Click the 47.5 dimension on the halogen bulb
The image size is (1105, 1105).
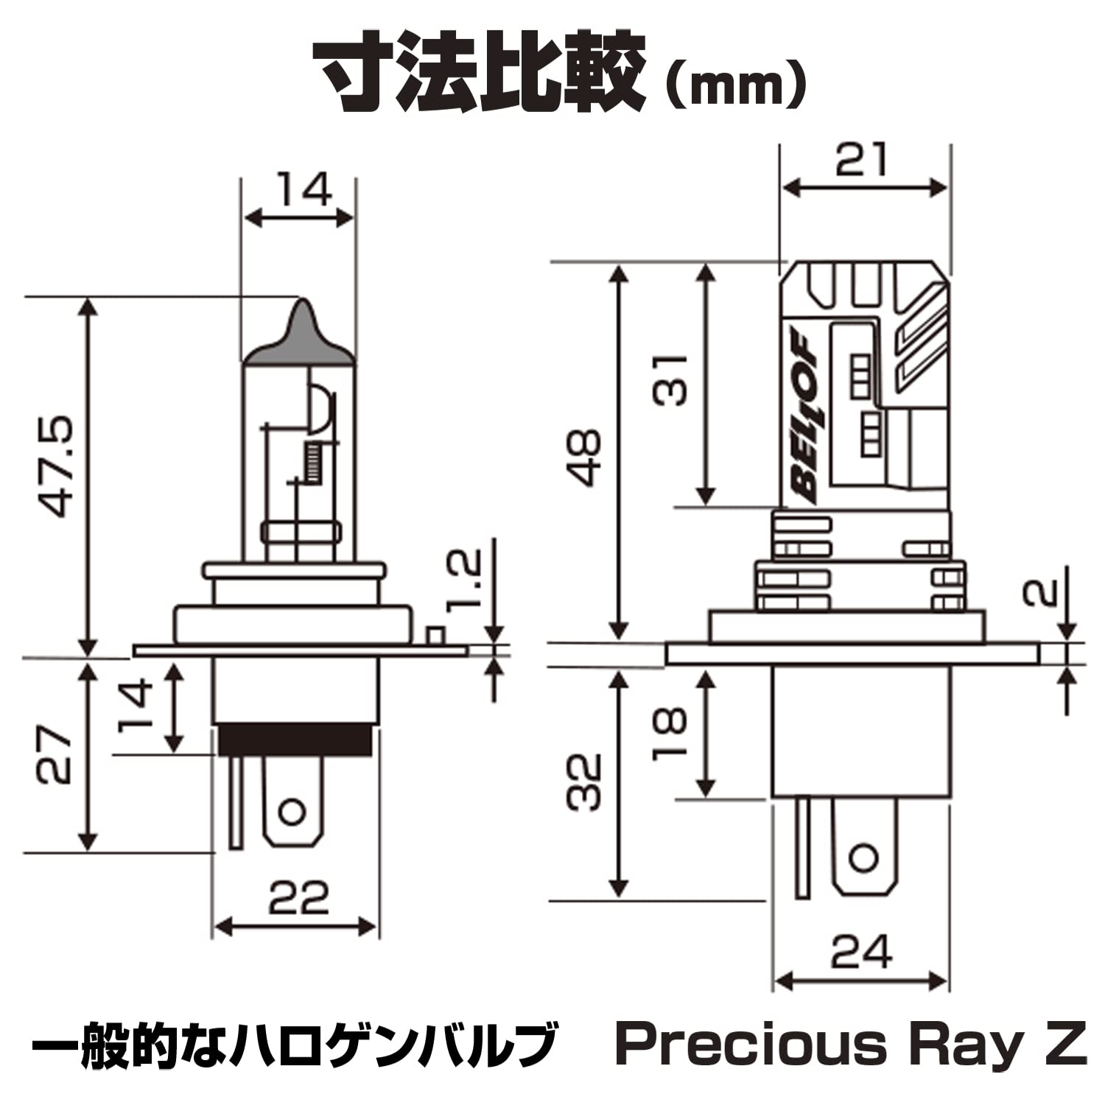pos(57,468)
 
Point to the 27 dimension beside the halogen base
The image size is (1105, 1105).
pos(56,756)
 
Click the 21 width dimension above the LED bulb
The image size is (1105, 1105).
pos(862,160)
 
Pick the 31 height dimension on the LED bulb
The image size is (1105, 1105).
pos(670,380)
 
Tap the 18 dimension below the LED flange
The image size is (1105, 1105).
pos(670,732)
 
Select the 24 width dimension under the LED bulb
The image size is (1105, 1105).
pos(862,952)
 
